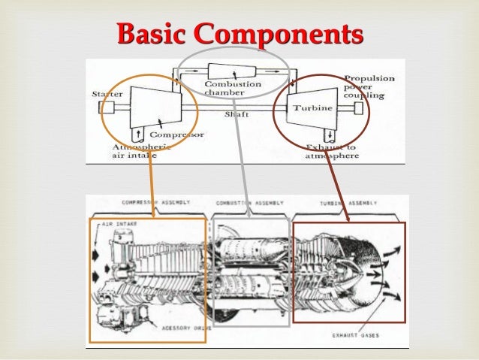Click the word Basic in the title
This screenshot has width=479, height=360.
click(x=152, y=34)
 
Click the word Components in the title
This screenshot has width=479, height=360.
click(x=277, y=34)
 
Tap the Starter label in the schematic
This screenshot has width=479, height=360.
click(x=105, y=95)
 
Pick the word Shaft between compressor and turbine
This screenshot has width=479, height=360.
click(x=236, y=114)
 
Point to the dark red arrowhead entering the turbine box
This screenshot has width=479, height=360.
click(x=348, y=219)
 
